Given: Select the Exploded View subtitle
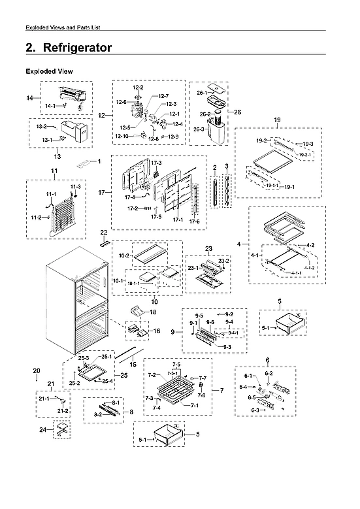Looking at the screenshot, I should click(48, 71).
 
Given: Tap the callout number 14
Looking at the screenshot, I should click(29, 97).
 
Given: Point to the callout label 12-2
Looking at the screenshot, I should click(139, 88).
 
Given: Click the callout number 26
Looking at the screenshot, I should click(237, 112).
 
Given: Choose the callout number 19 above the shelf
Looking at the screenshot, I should click(277, 120).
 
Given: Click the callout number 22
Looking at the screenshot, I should click(103, 232).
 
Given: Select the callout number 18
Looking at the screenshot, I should click(153, 313).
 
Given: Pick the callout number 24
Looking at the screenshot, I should click(43, 430).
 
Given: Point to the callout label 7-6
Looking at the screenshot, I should click(202, 395).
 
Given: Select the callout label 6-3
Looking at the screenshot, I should click(255, 410).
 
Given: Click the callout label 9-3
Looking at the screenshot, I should click(227, 346).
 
